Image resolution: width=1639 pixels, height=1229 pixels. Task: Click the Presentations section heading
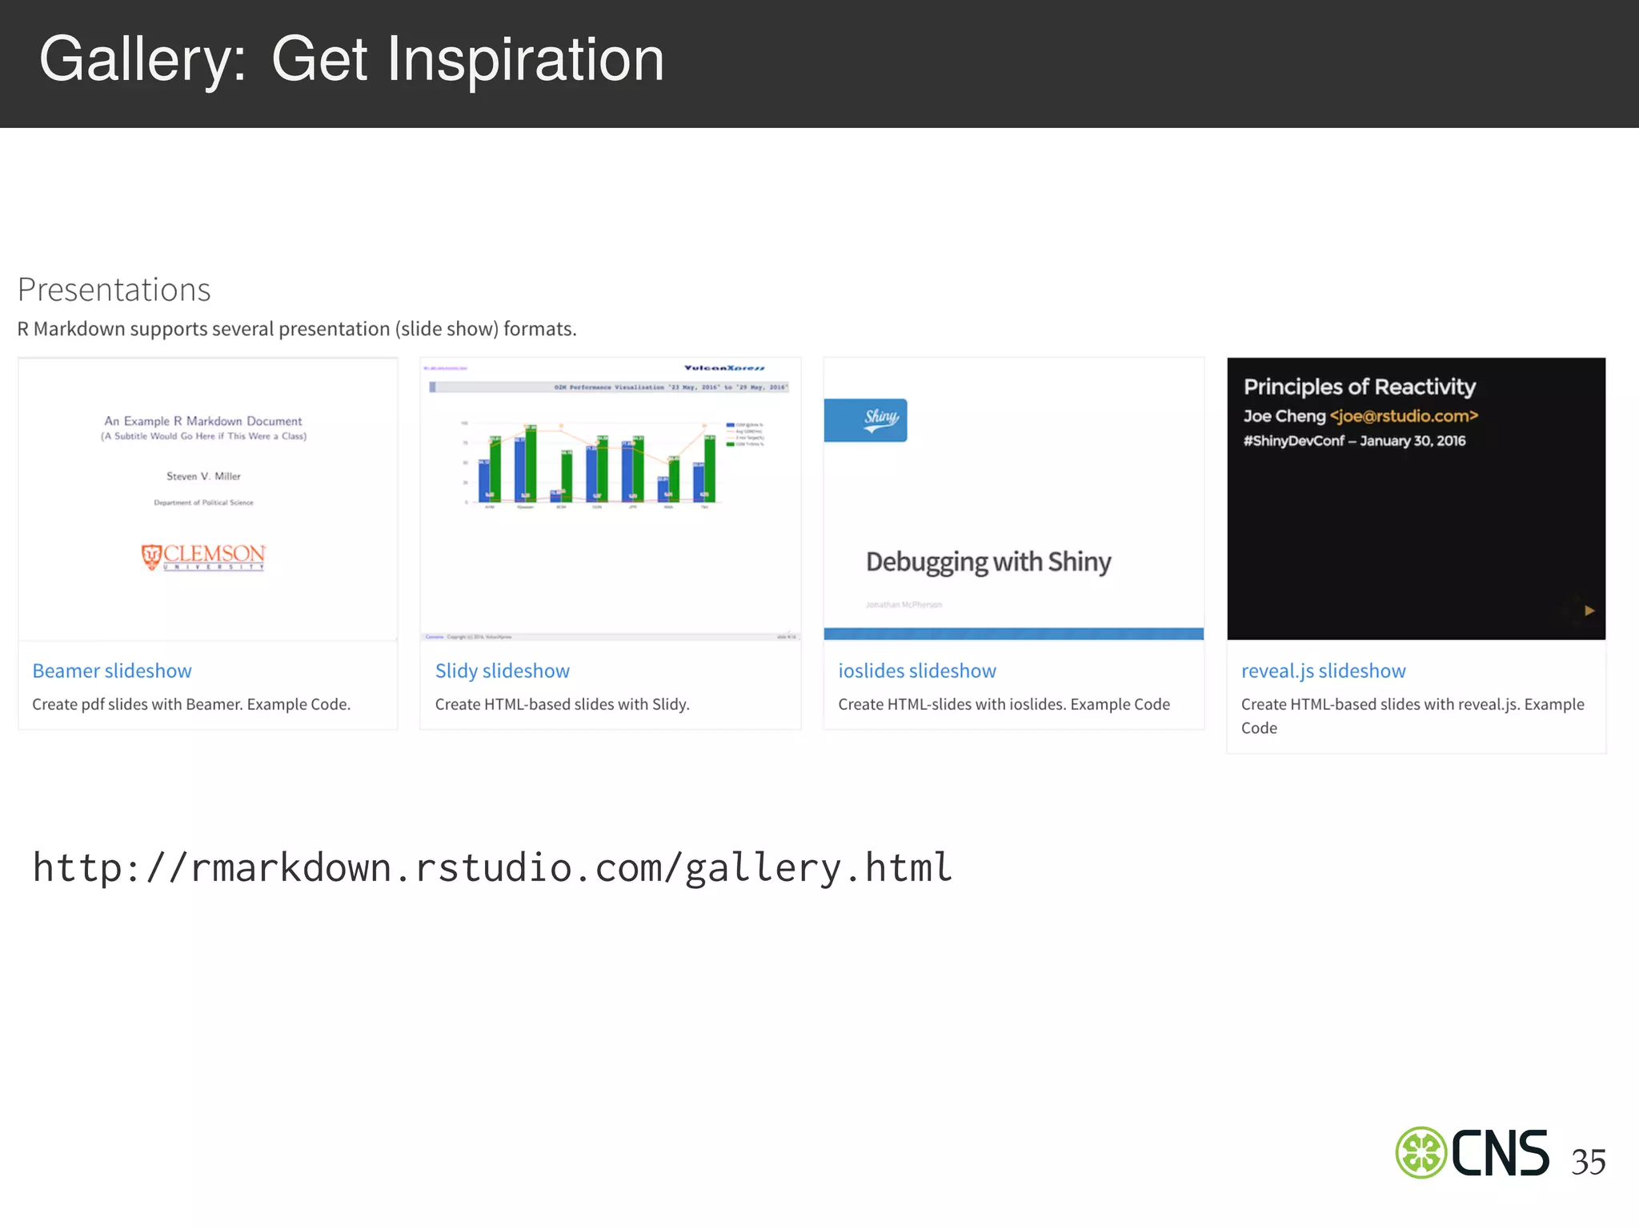click(114, 290)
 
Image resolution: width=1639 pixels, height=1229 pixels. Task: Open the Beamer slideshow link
click(112, 671)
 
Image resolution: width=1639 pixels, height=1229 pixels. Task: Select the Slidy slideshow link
click(502, 671)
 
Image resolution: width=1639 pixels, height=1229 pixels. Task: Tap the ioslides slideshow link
click(916, 671)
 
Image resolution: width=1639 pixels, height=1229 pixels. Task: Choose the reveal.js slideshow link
click(1323, 671)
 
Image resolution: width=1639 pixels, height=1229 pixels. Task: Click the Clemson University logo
click(203, 556)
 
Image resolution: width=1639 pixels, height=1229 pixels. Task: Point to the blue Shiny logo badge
click(866, 419)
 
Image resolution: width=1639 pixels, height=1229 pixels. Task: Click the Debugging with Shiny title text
click(988, 562)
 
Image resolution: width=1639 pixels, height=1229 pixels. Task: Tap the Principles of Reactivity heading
click(1359, 387)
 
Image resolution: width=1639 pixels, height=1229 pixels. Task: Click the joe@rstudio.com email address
click(1404, 416)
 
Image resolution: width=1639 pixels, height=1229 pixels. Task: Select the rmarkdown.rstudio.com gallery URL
click(492, 867)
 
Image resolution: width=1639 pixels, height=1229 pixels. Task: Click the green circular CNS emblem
click(1421, 1153)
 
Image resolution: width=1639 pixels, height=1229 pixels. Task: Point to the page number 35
click(1588, 1162)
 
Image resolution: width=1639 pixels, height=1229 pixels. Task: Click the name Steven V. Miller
click(203, 476)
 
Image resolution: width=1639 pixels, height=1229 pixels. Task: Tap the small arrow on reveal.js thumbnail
click(1589, 610)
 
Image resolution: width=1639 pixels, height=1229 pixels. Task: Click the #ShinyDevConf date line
click(1354, 441)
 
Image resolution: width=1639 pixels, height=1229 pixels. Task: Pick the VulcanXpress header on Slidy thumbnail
click(723, 368)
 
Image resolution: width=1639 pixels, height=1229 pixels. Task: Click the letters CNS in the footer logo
click(1500, 1153)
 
